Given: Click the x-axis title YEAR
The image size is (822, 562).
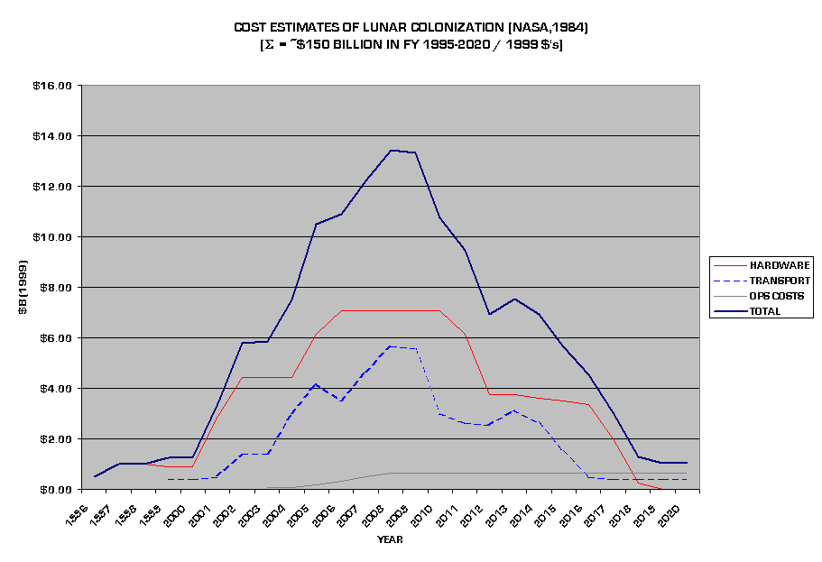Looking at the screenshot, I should tap(390, 539).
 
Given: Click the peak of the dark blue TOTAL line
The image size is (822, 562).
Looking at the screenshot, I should tap(392, 151).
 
